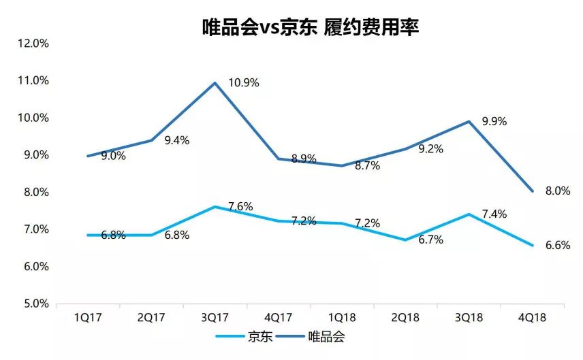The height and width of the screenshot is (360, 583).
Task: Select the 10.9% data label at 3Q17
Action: pos(243,83)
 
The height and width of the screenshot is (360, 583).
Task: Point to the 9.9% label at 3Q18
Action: pos(494,122)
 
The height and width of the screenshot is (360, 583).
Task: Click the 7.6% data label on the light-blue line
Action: pos(240,206)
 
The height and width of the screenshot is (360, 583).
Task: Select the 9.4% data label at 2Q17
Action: pos(176,141)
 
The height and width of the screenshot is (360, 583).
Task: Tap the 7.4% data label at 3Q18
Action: pos(494,214)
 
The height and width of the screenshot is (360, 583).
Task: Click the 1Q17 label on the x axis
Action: pos(88,318)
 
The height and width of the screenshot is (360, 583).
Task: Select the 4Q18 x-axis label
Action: pos(533,318)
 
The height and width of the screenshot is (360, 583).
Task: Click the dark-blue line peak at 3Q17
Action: pos(215,83)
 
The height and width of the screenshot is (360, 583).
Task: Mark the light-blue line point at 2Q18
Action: pos(405,240)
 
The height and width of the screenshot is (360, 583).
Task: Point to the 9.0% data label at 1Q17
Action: pos(113,156)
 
